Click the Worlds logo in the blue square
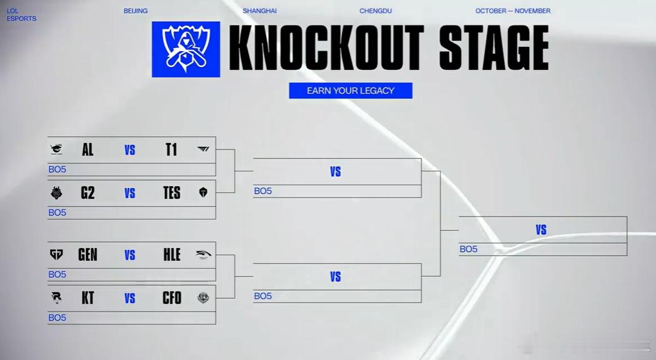(x=186, y=49)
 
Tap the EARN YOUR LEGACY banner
(x=350, y=91)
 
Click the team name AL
(x=87, y=149)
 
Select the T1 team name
(x=171, y=149)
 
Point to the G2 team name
(x=87, y=192)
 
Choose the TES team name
(x=172, y=192)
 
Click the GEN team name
(x=87, y=254)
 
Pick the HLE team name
(x=172, y=254)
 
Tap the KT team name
(x=87, y=297)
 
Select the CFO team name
(x=172, y=297)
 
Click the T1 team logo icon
(x=203, y=149)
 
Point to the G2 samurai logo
(x=56, y=192)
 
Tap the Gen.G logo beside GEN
(x=56, y=254)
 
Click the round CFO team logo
(x=203, y=297)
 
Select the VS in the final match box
(x=541, y=229)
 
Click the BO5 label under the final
(x=468, y=249)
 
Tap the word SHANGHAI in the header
(x=259, y=11)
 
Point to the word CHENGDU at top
(x=375, y=11)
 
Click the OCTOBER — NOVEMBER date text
(x=512, y=11)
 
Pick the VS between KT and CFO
(x=130, y=298)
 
